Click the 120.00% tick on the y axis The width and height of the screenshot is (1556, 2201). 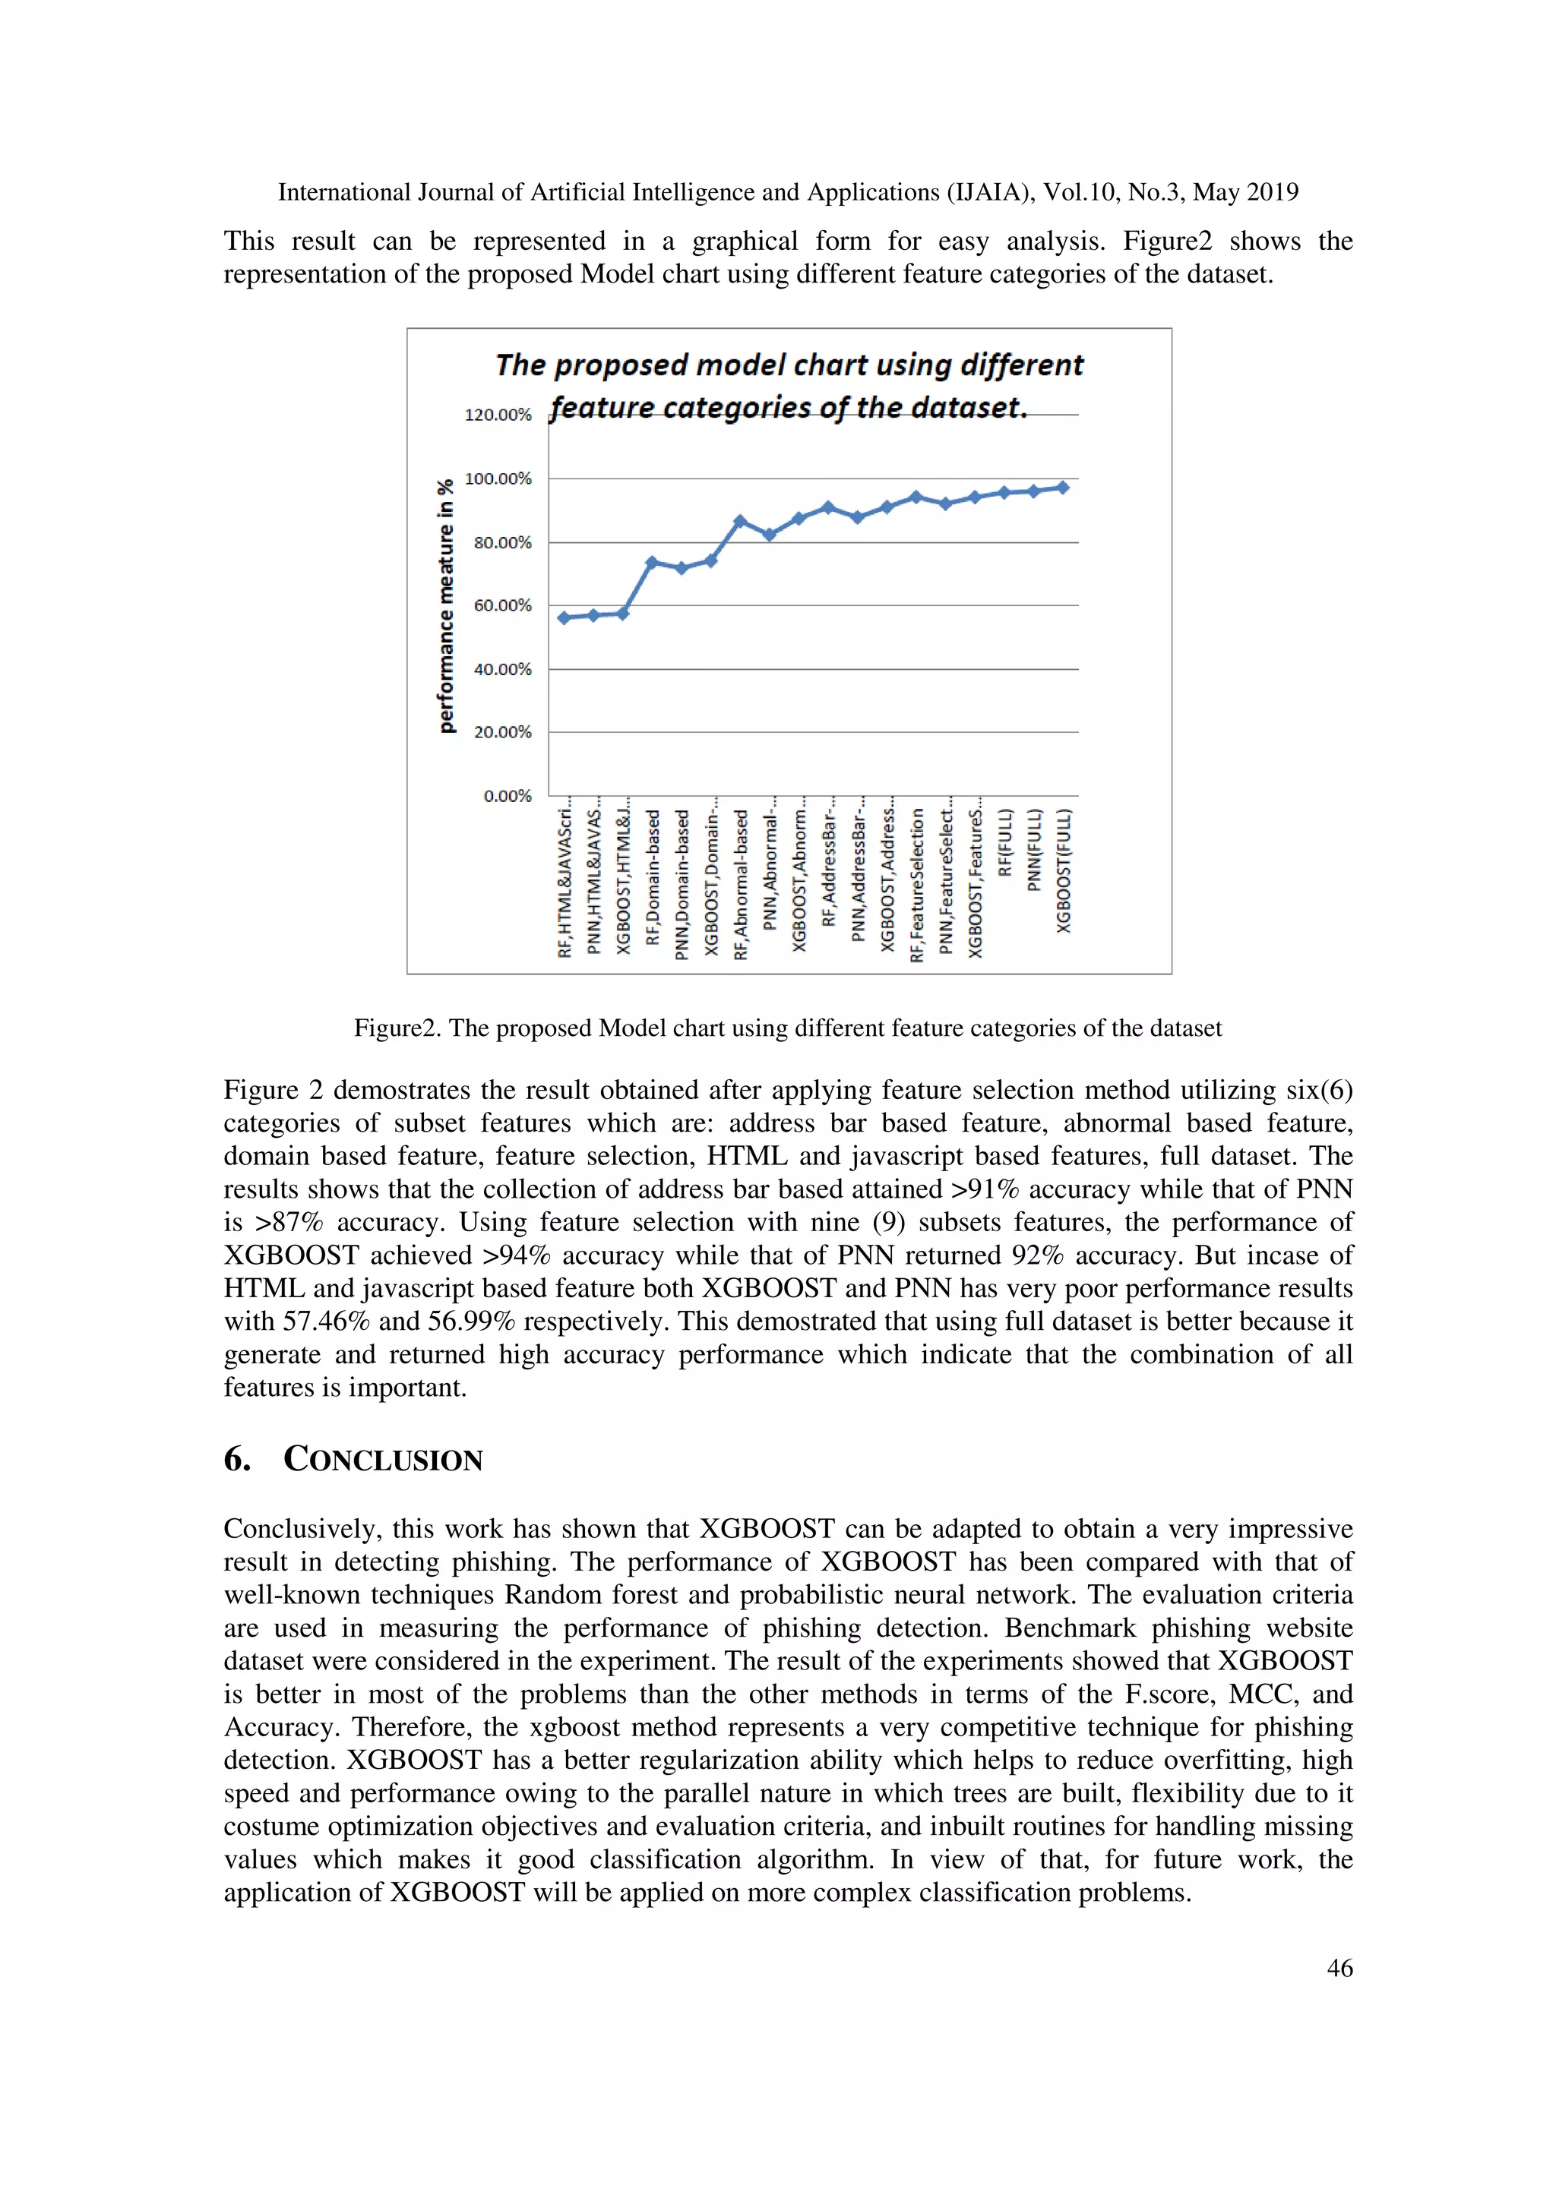[x=498, y=415]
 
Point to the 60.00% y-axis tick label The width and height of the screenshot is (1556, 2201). [x=501, y=606]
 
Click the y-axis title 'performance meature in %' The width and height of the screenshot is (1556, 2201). [x=446, y=607]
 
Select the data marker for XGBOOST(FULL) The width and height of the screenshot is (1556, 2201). [x=1062, y=488]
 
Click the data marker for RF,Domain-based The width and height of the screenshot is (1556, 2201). [x=652, y=563]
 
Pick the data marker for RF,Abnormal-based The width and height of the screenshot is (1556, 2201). [x=739, y=522]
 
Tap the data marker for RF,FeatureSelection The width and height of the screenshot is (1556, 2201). [x=916, y=497]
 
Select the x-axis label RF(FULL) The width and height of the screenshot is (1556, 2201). [x=1004, y=842]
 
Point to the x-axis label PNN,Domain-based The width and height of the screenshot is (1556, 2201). [x=682, y=884]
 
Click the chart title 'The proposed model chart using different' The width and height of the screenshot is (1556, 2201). [x=789, y=365]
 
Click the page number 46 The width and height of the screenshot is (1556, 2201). [x=1339, y=1968]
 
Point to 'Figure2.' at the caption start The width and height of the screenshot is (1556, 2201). [x=397, y=1028]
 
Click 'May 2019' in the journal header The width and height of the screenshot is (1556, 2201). [x=1245, y=193]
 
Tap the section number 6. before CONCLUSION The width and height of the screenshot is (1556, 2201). [x=237, y=1460]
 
